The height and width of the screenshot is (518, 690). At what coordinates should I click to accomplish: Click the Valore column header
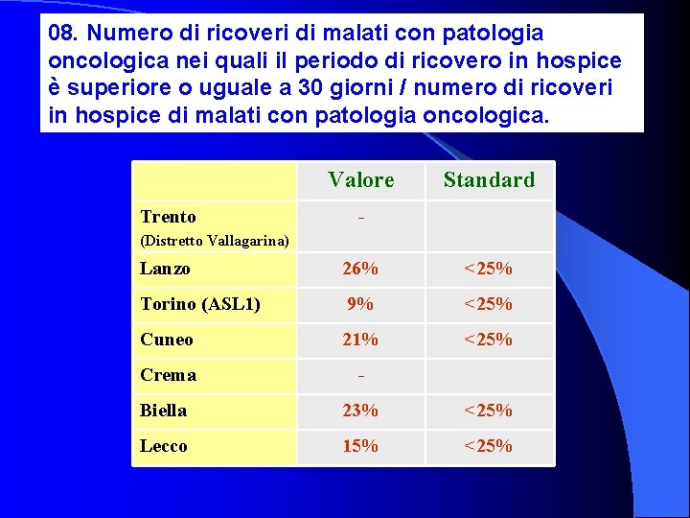[360, 179]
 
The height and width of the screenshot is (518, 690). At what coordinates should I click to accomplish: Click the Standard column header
[489, 179]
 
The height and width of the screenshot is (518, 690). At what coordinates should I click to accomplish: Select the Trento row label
[168, 217]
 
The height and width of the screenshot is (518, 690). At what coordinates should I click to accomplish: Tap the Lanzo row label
[165, 269]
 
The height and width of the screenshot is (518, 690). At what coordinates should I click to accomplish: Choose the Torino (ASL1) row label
[199, 304]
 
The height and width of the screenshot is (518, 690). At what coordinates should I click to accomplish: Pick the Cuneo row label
[167, 340]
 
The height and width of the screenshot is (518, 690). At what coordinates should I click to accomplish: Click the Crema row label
[168, 375]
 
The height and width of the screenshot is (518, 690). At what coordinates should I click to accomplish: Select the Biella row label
[163, 411]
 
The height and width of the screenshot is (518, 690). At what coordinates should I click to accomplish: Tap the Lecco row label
[164, 446]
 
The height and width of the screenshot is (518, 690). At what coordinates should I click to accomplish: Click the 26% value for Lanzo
[360, 269]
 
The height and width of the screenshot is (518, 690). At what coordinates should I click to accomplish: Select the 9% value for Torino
[360, 304]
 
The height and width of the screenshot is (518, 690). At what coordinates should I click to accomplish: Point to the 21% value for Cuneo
[360, 340]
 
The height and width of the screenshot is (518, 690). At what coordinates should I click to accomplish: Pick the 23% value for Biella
[360, 411]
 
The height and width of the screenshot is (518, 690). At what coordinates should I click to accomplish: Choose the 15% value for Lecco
[360, 446]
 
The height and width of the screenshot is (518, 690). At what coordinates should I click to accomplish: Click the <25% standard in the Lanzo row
[488, 269]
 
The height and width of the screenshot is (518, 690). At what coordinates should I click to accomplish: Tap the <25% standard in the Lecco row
[488, 446]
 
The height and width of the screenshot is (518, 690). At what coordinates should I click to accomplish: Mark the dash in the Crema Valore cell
[360, 375]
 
